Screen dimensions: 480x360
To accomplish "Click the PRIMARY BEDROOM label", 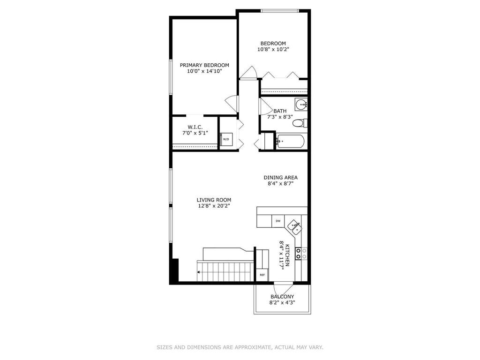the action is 204,65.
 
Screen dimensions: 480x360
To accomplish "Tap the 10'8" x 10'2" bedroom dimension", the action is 273,49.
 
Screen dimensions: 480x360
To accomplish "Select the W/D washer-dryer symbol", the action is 226,139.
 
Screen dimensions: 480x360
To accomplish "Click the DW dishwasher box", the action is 278,221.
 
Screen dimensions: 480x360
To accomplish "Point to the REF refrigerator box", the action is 262,275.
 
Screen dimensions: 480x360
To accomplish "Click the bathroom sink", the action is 301,105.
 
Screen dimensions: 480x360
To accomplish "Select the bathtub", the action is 290,142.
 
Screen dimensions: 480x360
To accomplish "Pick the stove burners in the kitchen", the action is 301,254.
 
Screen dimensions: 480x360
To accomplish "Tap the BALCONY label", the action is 282,297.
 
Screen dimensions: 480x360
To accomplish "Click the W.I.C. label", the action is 195,127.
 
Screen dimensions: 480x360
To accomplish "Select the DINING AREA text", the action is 280,178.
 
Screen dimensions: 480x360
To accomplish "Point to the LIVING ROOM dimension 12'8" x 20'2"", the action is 214,206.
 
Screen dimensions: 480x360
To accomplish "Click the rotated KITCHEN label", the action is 288,255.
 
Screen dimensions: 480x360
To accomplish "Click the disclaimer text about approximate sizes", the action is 240,347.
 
